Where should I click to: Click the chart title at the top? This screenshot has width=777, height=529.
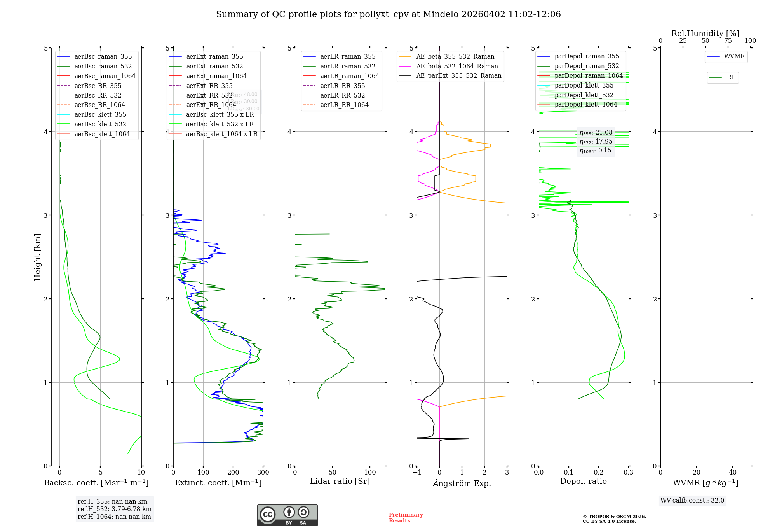point(388,14)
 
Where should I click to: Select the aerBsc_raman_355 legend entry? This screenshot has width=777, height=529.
point(103,57)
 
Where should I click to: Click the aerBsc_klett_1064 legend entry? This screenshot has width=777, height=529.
point(102,134)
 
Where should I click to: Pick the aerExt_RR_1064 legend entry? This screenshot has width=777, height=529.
point(211,105)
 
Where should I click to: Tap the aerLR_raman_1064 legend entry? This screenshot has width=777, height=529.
point(349,76)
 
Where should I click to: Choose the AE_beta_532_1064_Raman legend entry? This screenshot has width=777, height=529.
point(457,67)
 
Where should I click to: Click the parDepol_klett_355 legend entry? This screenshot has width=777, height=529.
point(584,86)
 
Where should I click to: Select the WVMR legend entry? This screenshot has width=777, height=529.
point(734,57)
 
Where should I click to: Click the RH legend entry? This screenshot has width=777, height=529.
point(731,77)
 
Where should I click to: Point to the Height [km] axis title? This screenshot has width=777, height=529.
point(37,257)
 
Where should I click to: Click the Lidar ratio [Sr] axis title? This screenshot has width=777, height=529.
point(340,482)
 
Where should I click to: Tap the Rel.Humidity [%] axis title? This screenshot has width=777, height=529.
point(705,34)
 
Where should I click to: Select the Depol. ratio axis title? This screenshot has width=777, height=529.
point(583,482)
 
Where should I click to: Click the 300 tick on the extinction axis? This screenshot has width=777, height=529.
point(263,473)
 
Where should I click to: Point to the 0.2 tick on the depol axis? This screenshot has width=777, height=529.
point(599,473)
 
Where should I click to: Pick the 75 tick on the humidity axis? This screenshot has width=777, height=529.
point(728,41)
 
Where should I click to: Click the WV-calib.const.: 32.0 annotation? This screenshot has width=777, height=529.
point(692,501)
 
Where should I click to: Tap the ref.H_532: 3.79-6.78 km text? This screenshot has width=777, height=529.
point(114,509)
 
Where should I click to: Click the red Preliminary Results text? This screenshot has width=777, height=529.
point(406,518)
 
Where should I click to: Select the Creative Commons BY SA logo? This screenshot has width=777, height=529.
point(287,515)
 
